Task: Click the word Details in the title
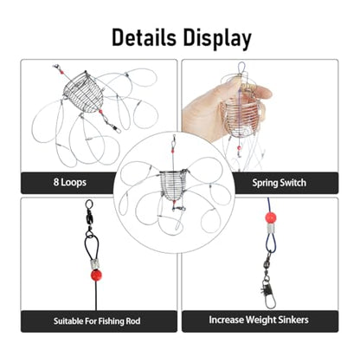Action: coord(144,37)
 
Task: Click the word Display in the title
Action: coord(217,39)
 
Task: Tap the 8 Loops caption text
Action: coord(70,182)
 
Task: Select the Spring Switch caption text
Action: coord(279,183)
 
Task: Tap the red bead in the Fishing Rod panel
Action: coord(96,275)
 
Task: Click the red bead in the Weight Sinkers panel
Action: coord(271,217)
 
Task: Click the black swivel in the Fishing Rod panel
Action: coord(89,215)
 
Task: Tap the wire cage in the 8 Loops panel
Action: coord(84,93)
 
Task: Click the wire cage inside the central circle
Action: coord(173,185)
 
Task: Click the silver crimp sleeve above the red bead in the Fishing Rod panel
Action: coord(94,263)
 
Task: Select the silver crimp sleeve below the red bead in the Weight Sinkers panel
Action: coord(270,230)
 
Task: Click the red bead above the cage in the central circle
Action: coord(173,151)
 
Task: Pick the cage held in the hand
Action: coord(239,115)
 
